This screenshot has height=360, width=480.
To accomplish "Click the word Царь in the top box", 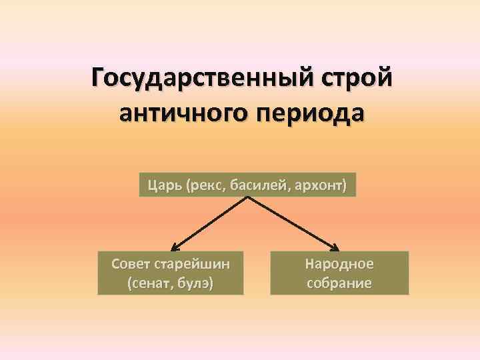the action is tap(162, 185).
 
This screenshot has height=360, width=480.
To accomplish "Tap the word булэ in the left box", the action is tap(196, 283).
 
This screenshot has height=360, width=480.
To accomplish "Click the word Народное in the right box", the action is tap(339, 263).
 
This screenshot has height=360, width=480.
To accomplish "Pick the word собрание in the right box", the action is tap(339, 283).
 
